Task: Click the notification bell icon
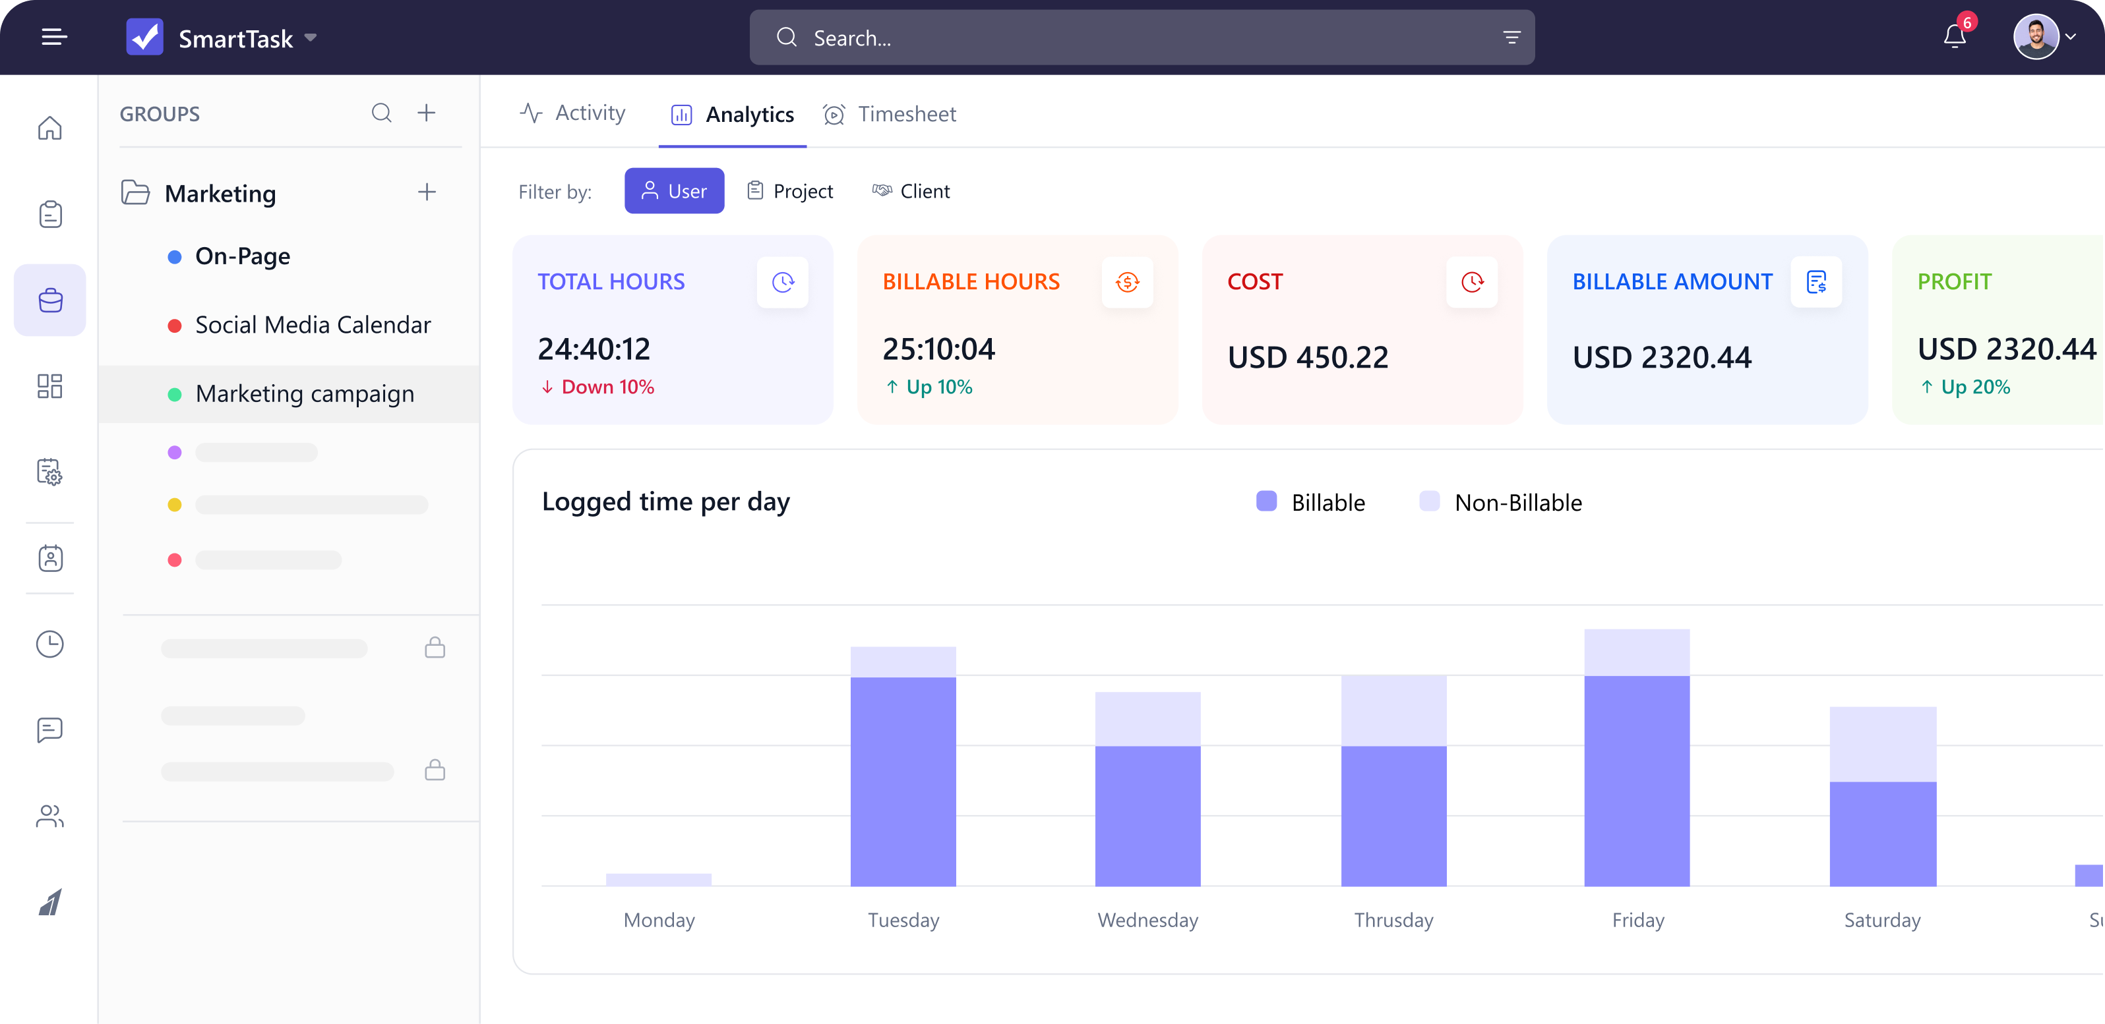[x=1954, y=37]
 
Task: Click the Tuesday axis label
[x=903, y=921]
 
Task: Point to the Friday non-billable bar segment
[x=1637, y=652]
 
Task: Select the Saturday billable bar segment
[x=1883, y=834]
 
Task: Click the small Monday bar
[x=659, y=880]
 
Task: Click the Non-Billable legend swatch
[x=1429, y=501]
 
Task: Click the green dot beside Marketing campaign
[x=174, y=395]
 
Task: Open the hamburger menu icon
[x=54, y=37]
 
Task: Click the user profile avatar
[x=2036, y=37]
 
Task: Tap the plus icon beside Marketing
[x=427, y=192]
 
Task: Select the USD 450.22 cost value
[x=1308, y=357]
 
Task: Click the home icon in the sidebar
[x=50, y=128]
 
